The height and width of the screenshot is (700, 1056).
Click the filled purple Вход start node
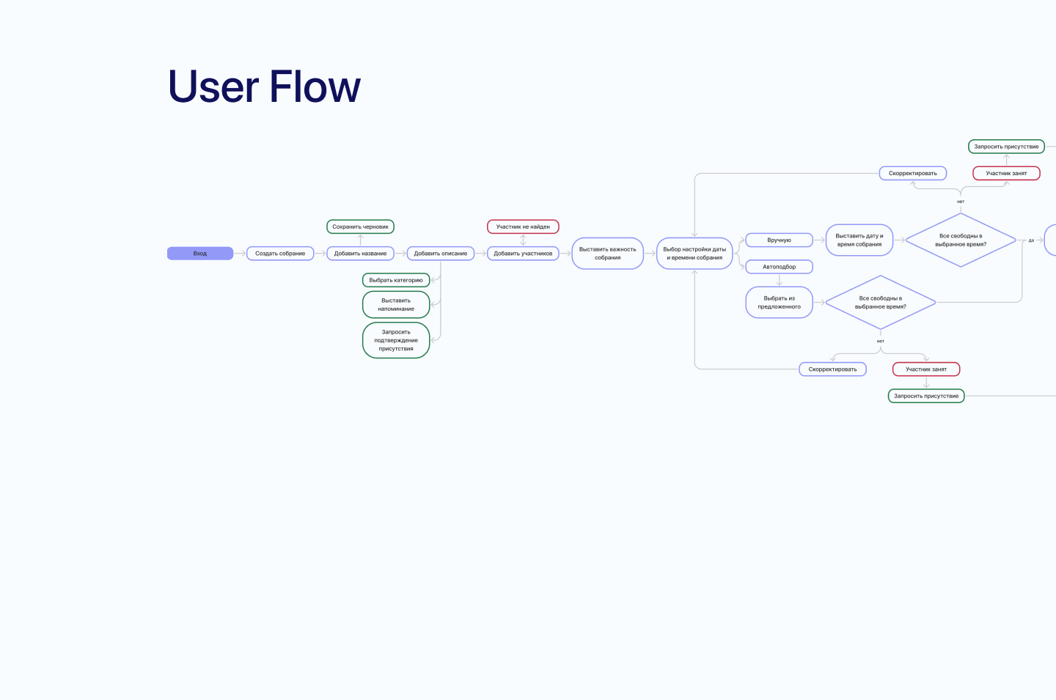click(x=200, y=254)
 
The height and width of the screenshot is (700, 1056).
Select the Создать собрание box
click(x=280, y=254)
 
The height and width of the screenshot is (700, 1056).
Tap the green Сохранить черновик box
click(x=360, y=227)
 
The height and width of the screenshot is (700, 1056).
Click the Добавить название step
click(x=360, y=254)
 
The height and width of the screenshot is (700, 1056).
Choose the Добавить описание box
click(x=440, y=254)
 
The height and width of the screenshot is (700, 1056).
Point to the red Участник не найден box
click(x=523, y=227)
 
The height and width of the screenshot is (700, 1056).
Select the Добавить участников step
click(x=523, y=254)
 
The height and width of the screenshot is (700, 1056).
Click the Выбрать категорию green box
click(x=396, y=280)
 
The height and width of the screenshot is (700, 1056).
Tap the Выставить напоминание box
click(x=396, y=305)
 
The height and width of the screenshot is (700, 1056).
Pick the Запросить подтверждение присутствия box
click(x=396, y=340)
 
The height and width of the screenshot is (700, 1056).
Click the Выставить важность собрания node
click(x=608, y=254)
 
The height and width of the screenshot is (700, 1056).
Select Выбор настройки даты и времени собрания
click(x=694, y=254)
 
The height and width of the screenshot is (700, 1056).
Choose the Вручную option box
click(x=779, y=240)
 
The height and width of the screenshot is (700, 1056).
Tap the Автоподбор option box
click(x=779, y=267)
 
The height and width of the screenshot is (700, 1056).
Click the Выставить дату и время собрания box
click(x=859, y=240)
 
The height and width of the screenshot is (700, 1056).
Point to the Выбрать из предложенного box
click(x=779, y=303)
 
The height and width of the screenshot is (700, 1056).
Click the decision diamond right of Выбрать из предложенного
click(x=880, y=303)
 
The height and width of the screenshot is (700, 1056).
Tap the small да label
click(x=1031, y=240)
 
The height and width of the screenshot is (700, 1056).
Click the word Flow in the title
click(x=315, y=87)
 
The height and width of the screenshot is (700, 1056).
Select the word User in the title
click(x=213, y=87)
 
